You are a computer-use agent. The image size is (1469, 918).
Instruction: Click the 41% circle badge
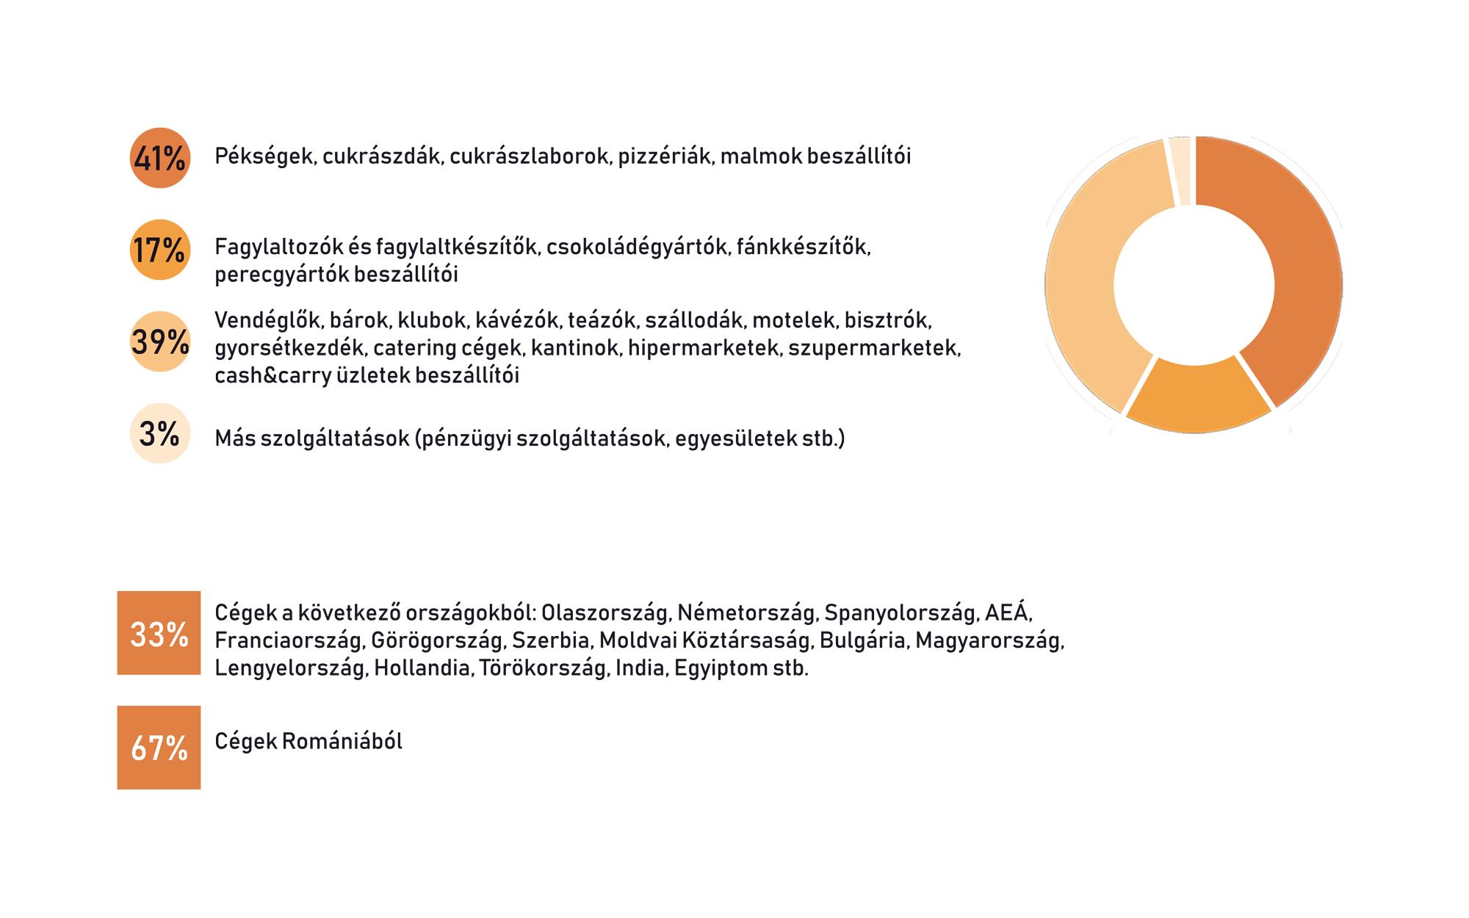(160, 158)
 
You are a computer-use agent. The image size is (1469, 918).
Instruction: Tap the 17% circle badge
(160, 250)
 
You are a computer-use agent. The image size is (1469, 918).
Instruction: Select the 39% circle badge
(160, 341)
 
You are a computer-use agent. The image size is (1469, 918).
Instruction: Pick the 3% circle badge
(160, 433)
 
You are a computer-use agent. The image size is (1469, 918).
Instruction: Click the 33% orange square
(159, 633)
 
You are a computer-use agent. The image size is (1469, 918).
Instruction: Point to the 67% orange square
(159, 748)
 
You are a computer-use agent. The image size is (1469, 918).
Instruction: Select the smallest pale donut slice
(1180, 171)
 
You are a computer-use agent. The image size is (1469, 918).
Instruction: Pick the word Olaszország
(604, 612)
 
